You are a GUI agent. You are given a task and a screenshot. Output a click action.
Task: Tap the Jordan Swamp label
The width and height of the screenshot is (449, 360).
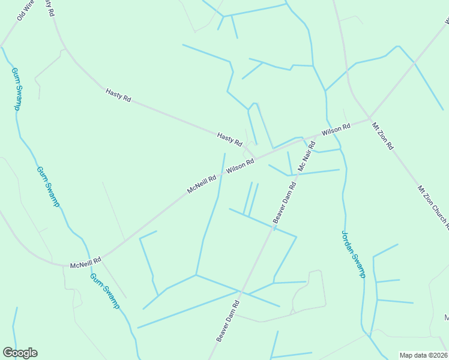click(x=353, y=254)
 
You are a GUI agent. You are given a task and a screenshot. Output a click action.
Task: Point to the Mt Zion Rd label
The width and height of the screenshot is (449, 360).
click(x=382, y=136)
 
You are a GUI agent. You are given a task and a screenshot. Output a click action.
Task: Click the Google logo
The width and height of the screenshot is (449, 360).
click(x=20, y=353)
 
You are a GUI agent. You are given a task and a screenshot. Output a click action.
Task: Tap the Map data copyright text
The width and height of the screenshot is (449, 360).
click(x=424, y=355)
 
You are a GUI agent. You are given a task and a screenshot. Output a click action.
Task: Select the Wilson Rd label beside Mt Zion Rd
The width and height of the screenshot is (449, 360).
click(x=336, y=130)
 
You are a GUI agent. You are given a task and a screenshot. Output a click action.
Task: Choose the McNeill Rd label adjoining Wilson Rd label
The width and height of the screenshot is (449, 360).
click(x=201, y=184)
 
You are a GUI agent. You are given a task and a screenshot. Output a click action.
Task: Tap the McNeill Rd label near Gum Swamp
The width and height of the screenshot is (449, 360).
click(x=85, y=263)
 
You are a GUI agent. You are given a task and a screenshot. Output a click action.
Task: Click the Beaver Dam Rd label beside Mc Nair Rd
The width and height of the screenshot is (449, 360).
click(x=286, y=202)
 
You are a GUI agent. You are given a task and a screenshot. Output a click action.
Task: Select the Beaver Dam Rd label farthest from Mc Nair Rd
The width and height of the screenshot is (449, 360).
click(x=228, y=321)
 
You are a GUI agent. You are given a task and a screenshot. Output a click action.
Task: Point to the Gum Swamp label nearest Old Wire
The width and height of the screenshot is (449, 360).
click(x=16, y=88)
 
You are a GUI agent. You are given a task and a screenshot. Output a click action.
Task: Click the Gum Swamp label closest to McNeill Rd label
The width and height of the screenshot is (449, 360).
click(x=105, y=290)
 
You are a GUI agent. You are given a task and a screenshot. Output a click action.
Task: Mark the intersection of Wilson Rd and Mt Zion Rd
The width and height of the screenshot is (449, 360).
click(x=369, y=118)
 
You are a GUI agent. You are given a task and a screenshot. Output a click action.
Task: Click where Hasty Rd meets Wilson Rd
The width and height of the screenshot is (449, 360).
click(x=257, y=158)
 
